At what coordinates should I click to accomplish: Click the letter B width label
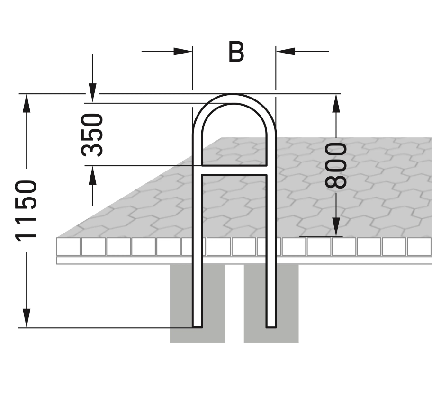(x=236, y=52)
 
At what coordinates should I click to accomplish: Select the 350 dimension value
(x=92, y=135)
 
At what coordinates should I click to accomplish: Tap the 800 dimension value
(x=337, y=165)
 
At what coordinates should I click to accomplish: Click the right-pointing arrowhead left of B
(x=183, y=51)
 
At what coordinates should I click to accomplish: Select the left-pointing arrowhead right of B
(x=285, y=51)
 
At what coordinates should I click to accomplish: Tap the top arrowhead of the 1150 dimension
(x=27, y=103)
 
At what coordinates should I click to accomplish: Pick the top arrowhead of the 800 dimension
(x=336, y=103)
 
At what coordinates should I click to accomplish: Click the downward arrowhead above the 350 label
(x=92, y=92)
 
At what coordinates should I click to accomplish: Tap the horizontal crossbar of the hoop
(x=234, y=171)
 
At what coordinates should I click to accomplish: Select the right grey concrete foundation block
(x=284, y=303)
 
